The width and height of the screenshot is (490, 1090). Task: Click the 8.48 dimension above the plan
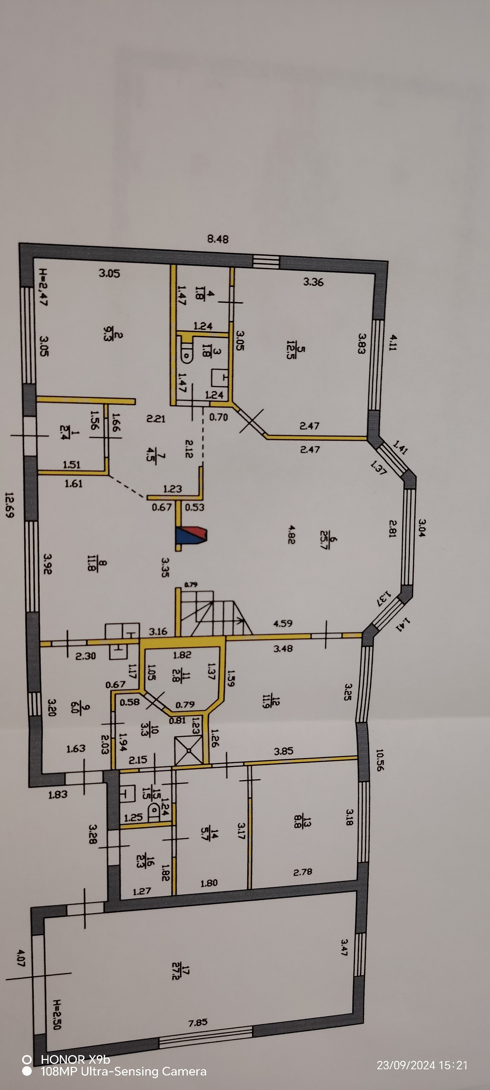(x=218, y=239)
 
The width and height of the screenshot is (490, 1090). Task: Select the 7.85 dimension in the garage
(x=198, y=1023)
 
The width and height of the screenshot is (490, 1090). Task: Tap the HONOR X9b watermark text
(x=75, y=1059)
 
